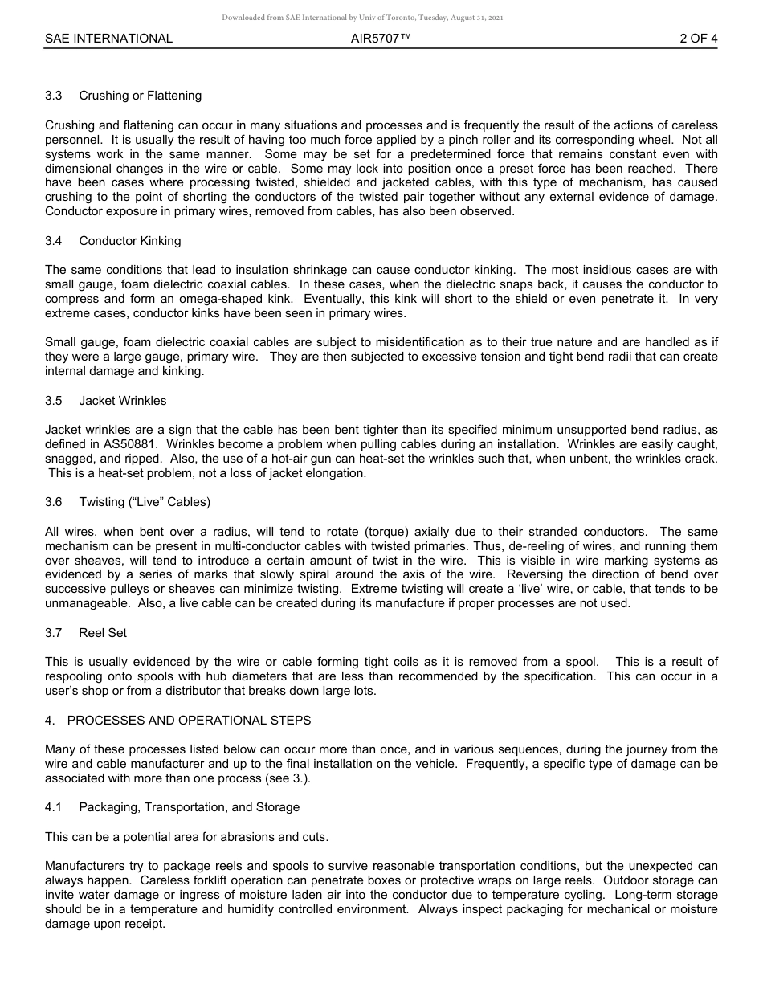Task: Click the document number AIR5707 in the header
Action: point(381,38)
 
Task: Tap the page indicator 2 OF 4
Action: point(698,38)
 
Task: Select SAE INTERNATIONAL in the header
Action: point(108,38)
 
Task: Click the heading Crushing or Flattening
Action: point(140,96)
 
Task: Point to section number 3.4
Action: point(54,241)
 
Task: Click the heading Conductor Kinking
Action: point(129,241)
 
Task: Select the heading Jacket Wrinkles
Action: point(122,401)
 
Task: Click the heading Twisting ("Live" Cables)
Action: point(145,502)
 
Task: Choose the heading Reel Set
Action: point(103,633)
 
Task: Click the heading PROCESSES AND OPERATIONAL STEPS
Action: point(189,721)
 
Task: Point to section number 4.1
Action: point(54,807)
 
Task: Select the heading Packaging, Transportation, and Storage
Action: point(189,807)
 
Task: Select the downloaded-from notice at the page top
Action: point(362,18)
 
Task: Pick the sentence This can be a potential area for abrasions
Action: point(186,837)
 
